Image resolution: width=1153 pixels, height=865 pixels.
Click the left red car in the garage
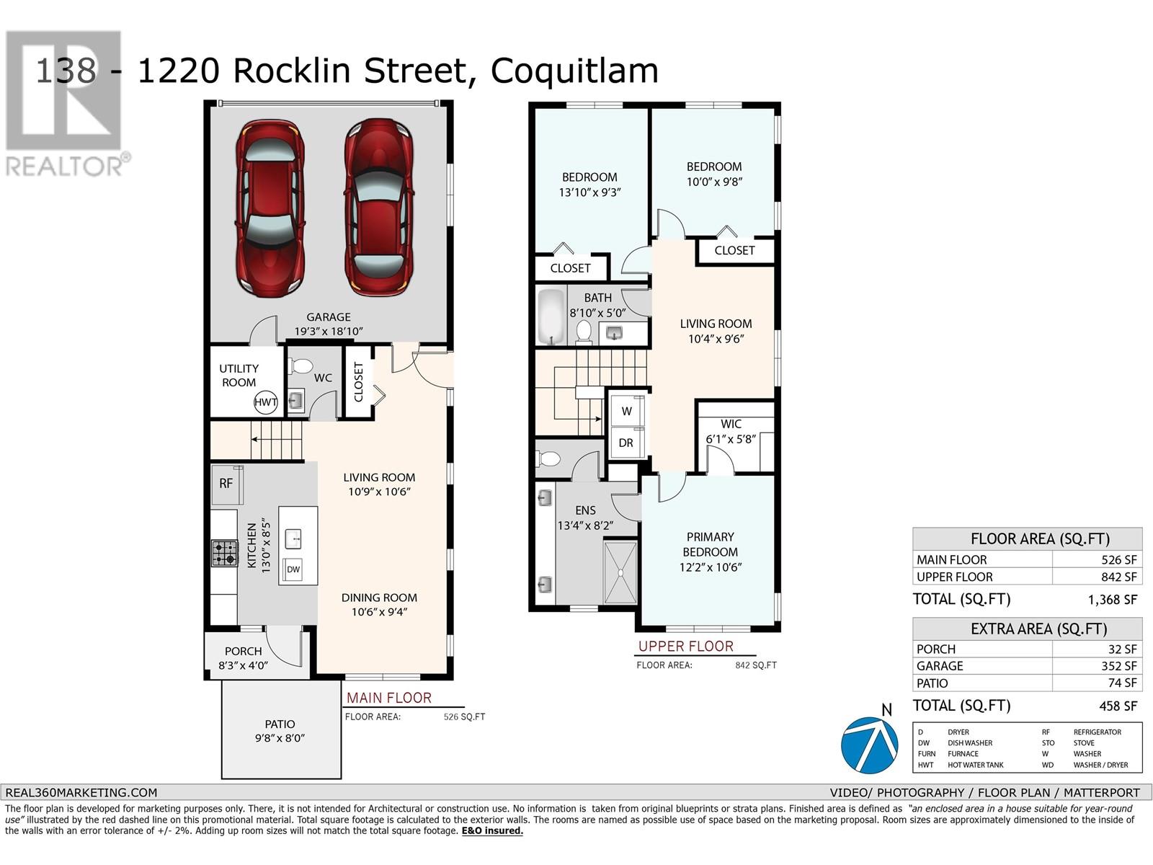270,208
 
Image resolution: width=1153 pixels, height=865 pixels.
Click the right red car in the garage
379,206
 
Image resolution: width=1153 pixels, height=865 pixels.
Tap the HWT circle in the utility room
265,402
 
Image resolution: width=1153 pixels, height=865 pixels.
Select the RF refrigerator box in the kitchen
226,484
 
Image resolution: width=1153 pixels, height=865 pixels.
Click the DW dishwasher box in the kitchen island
293,569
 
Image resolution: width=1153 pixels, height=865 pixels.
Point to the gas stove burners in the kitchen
224,553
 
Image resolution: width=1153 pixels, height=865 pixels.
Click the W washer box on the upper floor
626,411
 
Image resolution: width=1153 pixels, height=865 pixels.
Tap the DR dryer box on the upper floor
626,443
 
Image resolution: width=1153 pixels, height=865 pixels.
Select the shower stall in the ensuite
620,572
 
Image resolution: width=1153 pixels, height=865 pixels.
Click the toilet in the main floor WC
301,365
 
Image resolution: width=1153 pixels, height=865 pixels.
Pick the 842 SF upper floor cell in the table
1119,577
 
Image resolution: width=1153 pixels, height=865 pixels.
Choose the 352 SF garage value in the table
1119,666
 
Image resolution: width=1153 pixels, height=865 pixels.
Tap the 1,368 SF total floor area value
1112,600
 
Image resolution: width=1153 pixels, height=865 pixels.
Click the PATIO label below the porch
280,724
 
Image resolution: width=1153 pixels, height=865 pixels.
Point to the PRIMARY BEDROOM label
711,544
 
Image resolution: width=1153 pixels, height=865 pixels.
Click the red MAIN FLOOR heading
388,698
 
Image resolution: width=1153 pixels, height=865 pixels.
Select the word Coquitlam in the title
574,71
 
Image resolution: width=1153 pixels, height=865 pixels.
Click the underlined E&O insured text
492,830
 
